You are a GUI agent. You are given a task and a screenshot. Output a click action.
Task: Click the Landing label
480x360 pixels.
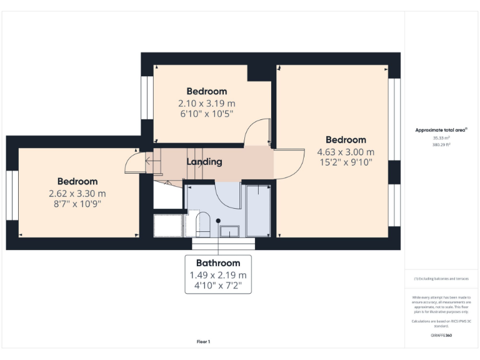(x=204, y=162)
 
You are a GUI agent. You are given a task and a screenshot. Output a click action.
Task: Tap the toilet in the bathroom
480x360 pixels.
(x=202, y=222)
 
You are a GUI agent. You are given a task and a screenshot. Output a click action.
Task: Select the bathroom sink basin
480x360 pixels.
(x=229, y=231)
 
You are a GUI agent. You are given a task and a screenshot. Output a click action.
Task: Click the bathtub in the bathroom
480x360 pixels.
(x=257, y=210)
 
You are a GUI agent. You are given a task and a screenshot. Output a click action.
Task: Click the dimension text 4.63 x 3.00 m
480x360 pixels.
(x=346, y=152)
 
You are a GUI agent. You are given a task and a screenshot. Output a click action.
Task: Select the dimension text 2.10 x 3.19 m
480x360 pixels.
(x=206, y=103)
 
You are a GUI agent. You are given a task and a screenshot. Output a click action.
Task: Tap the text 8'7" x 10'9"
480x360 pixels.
(x=78, y=204)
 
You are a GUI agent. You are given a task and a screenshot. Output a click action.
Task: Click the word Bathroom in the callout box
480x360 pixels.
(x=218, y=263)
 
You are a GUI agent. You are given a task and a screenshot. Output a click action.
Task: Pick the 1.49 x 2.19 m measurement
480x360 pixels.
(x=218, y=275)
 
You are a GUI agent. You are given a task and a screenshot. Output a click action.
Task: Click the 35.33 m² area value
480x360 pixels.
(x=441, y=137)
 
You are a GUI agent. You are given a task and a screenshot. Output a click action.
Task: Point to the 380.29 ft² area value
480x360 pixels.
(x=441, y=144)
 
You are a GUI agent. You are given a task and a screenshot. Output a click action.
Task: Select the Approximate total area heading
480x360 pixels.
(x=441, y=130)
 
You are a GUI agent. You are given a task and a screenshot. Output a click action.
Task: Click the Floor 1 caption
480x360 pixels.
(x=204, y=342)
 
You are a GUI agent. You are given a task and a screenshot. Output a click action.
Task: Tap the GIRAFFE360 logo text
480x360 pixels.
(x=441, y=336)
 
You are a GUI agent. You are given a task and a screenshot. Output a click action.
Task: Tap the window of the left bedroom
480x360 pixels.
(x=10, y=194)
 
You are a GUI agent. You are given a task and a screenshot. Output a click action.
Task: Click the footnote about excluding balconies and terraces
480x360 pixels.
(x=441, y=279)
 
